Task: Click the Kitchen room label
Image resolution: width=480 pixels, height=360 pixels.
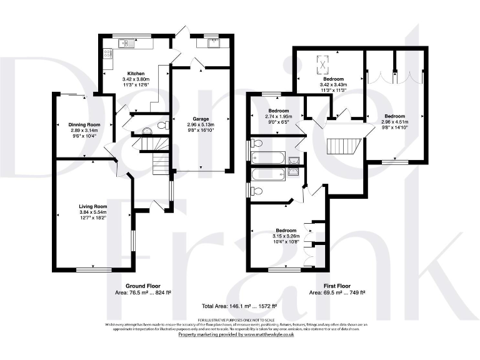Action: pyautogui.click(x=136, y=74)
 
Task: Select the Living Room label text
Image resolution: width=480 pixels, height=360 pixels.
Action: pyautogui.click(x=92, y=206)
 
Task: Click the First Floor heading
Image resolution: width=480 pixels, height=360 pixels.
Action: pyautogui.click(x=337, y=286)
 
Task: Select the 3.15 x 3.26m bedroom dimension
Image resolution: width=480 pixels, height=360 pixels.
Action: pyautogui.click(x=287, y=236)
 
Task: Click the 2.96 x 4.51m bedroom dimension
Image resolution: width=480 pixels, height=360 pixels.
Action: pyautogui.click(x=394, y=123)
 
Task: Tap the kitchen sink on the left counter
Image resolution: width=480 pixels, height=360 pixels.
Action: pyautogui.click(x=126, y=43)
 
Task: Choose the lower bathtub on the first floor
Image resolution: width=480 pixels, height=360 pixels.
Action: pyautogui.click(x=268, y=174)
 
